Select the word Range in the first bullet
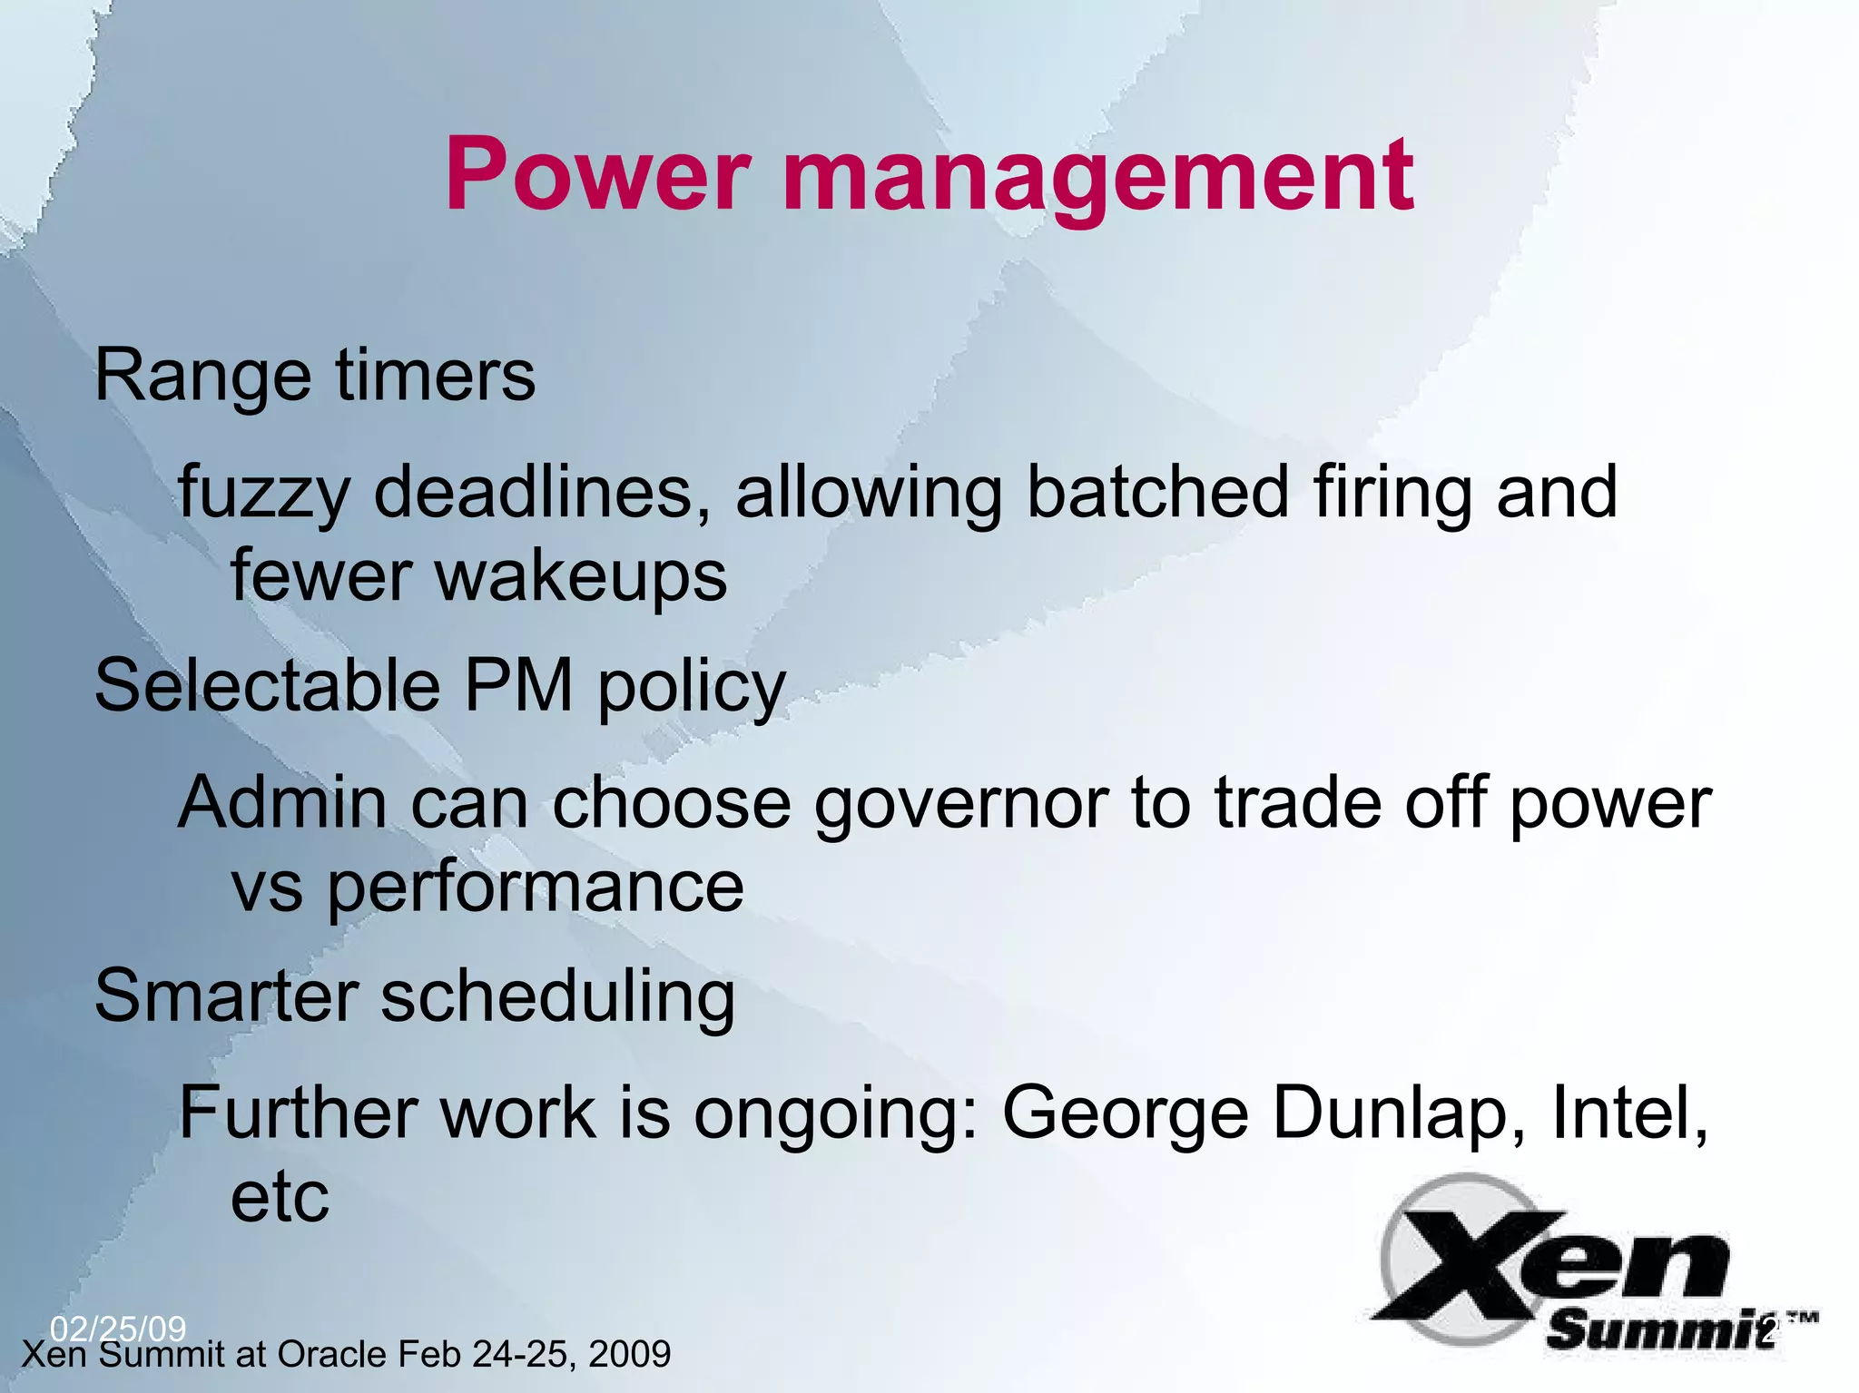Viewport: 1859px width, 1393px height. (202, 377)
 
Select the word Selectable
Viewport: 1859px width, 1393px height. (268, 685)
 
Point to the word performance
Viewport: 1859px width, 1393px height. (536, 889)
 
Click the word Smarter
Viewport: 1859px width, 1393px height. (227, 996)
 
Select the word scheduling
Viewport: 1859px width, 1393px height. (557, 999)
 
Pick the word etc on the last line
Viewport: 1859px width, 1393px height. (280, 1197)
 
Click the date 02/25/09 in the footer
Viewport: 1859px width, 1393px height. (118, 1329)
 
